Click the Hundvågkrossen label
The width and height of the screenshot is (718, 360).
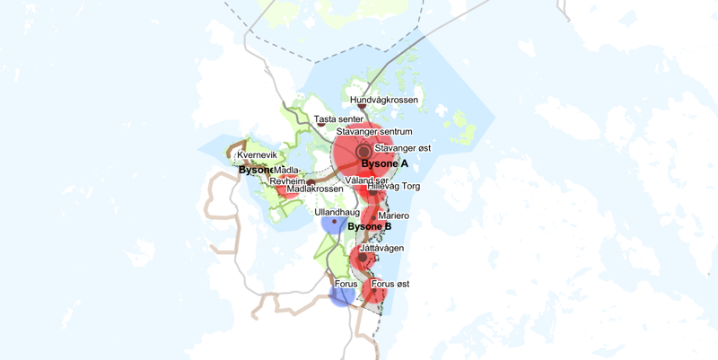(384, 101)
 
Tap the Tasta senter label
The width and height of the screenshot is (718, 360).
(338, 119)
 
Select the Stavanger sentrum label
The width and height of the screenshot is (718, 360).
(374, 132)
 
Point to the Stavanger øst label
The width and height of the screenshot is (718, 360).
(403, 147)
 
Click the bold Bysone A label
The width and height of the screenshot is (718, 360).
(384, 164)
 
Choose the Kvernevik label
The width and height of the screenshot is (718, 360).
(257, 155)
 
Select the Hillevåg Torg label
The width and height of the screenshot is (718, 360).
(394, 187)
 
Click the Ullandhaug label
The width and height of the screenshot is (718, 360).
(337, 212)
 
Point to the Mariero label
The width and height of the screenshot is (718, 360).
(394, 215)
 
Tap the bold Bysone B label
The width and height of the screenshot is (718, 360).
(370, 226)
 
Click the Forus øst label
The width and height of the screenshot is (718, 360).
(390, 284)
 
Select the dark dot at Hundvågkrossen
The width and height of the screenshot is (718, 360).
(362, 108)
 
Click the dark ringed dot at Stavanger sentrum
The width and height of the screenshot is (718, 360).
(363, 152)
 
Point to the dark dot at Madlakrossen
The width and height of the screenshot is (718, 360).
(310, 182)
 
